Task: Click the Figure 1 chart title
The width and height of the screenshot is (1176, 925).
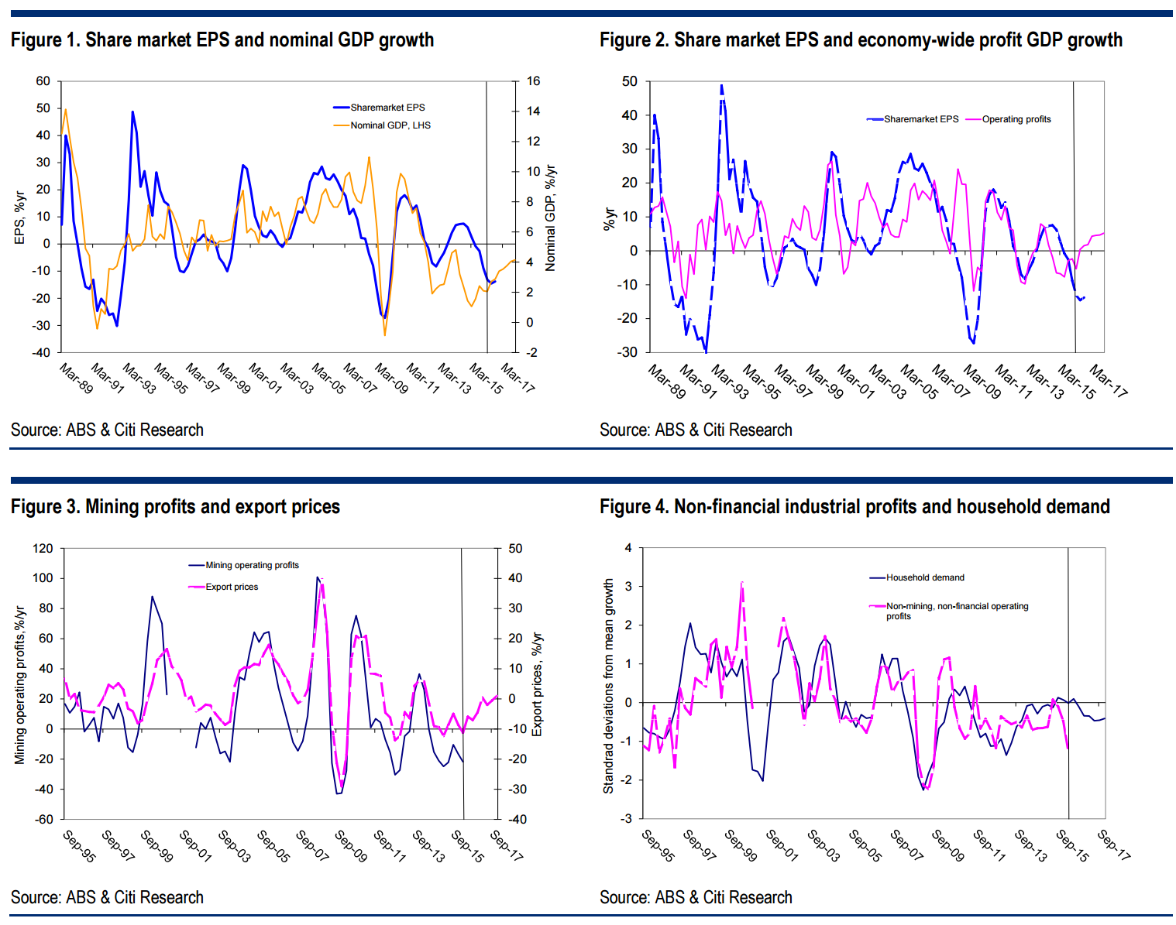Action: [x=222, y=40]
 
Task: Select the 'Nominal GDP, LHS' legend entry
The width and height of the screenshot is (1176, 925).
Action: [x=390, y=125]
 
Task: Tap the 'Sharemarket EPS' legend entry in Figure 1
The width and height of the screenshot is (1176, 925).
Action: [x=387, y=108]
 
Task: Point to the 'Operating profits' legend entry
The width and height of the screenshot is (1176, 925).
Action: [x=1016, y=119]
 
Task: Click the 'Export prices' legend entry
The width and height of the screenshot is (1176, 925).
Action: [x=232, y=587]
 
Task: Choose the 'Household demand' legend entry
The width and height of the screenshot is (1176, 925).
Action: [x=925, y=577]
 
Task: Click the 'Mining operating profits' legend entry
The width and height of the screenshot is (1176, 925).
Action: [x=252, y=565]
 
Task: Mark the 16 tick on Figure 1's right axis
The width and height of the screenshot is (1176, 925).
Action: [x=533, y=81]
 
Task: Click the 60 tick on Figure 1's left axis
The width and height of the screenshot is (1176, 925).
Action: [x=43, y=81]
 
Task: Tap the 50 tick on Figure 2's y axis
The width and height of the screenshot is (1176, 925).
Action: [x=630, y=81]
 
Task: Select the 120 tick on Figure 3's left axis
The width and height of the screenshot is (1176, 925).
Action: [x=43, y=549]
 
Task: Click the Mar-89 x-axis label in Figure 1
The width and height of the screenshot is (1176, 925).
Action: [x=76, y=378]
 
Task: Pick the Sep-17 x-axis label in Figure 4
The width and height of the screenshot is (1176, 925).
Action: [x=1114, y=844]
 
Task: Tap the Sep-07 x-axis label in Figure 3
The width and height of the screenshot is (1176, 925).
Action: [x=312, y=845]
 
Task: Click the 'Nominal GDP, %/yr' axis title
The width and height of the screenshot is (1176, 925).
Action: [x=551, y=218]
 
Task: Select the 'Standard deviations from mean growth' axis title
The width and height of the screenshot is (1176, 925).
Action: [x=608, y=686]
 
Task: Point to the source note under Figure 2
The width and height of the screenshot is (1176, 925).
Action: [x=696, y=430]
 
